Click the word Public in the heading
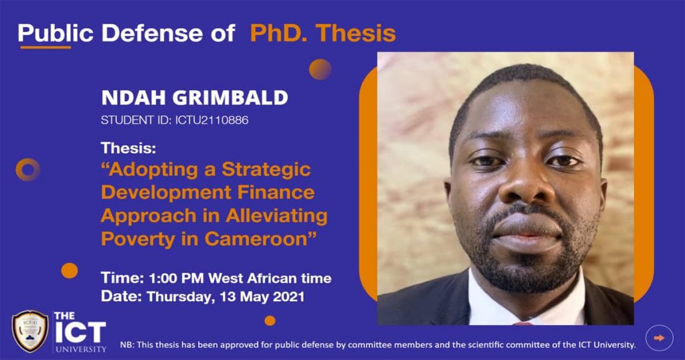point(56,33)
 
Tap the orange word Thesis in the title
point(356,33)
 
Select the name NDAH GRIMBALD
point(195,98)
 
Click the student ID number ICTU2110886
point(212,120)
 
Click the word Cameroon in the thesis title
point(256,239)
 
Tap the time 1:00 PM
point(176,278)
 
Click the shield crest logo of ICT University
point(30,331)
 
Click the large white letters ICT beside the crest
point(80,333)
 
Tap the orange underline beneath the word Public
point(45,48)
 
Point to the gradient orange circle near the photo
point(320,70)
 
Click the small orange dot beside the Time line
point(70,270)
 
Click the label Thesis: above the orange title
point(128,149)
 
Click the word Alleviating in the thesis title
point(277,216)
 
